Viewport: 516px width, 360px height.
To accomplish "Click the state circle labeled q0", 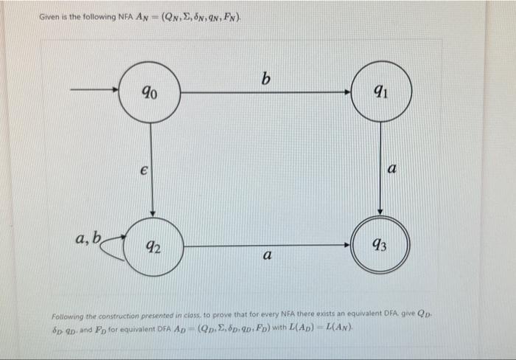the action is click(150, 92).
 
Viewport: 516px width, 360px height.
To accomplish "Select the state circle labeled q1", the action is click(380, 92).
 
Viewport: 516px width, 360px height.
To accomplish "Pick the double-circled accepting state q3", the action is click(380, 246).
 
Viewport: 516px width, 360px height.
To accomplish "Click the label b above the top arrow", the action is click(265, 77).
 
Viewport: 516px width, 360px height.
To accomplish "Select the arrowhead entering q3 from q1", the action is click(380, 211).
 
